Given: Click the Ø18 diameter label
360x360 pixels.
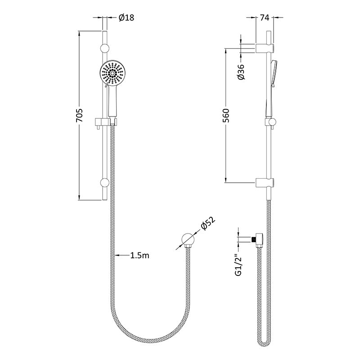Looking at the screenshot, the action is pyautogui.click(x=126, y=18).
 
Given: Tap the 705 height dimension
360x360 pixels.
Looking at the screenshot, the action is pyautogui.click(x=79, y=116).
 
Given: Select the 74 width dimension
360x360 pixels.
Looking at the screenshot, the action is pyautogui.click(x=265, y=18).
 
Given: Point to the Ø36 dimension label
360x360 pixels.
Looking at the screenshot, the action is pyautogui.click(x=241, y=72).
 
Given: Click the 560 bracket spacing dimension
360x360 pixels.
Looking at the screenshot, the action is pyautogui.click(x=226, y=116).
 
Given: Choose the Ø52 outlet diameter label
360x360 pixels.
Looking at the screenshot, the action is pyautogui.click(x=208, y=223).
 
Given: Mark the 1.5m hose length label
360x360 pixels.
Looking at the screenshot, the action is pyautogui.click(x=140, y=255).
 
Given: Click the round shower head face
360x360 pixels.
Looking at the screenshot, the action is pyautogui.click(x=112, y=73).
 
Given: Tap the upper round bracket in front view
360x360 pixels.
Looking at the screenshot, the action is pyautogui.click(x=104, y=48).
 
